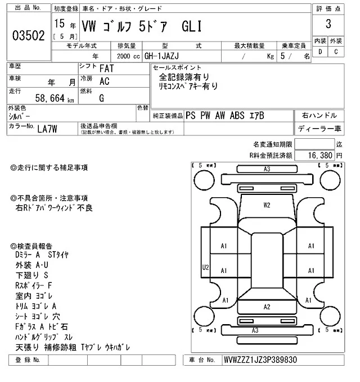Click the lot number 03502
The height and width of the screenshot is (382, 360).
[28, 36]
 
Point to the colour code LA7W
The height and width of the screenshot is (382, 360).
[48, 128]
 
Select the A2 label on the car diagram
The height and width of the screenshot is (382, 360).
[267, 306]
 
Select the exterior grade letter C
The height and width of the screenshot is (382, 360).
[336, 52]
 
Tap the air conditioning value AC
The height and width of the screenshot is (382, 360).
[104, 81]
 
